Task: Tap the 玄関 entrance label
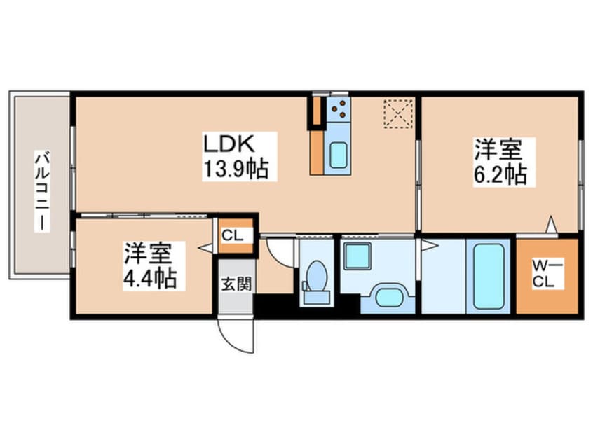point(234,285)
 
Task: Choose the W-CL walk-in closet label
point(547,275)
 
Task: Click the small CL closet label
point(235,235)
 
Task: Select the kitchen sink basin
point(339,155)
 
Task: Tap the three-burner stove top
point(338,109)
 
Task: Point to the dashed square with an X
point(398,113)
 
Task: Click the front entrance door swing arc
point(234,336)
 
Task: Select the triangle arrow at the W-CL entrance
point(551,226)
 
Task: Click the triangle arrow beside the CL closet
point(206,247)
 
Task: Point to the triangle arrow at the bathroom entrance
point(428,245)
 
